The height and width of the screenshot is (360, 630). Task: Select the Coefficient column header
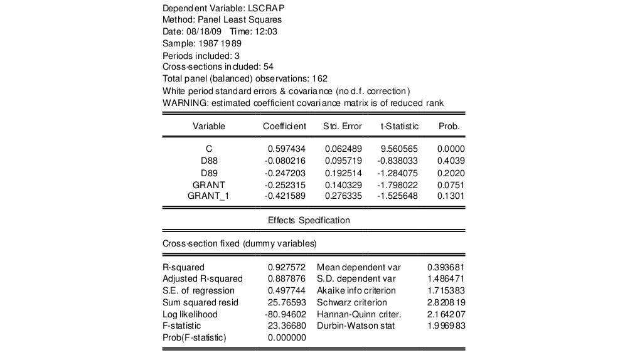pos(284,126)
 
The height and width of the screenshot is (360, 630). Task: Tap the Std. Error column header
pos(343,126)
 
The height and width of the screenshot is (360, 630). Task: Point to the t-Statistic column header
pos(400,126)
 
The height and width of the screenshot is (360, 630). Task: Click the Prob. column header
pos(449,126)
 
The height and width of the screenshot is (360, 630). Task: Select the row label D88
pos(209,161)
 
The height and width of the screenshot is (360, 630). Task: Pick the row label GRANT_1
pos(209,196)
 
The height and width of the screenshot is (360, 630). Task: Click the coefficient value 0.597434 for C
pos(287,149)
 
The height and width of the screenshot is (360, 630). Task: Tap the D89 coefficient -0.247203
pos(286,172)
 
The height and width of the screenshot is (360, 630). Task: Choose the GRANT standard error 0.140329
pos(343,184)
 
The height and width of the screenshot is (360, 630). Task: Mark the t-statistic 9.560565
pos(400,149)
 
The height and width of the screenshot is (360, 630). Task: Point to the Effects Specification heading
pos(309,220)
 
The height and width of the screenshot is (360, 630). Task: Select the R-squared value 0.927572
pos(287,267)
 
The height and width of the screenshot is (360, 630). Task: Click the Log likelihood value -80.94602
pos(286,314)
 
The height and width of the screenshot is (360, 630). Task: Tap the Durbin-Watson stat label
pos(356,326)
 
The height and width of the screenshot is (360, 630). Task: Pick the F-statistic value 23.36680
pos(287,326)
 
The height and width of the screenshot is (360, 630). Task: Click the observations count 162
pos(319,78)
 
